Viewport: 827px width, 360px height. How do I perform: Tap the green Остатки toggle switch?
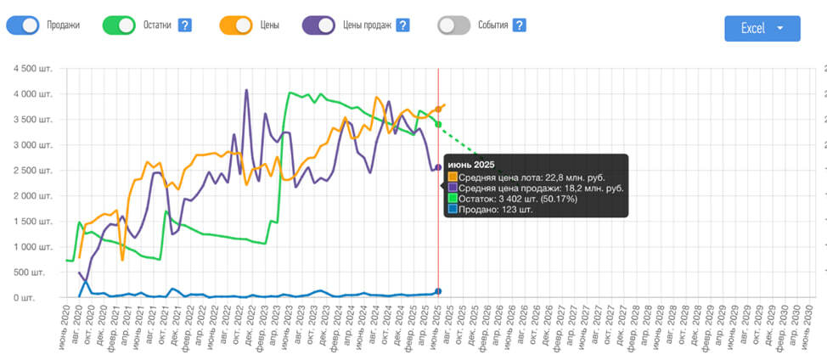[120, 25]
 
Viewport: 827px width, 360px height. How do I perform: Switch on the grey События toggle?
[454, 25]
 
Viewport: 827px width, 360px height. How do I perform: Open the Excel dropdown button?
[762, 28]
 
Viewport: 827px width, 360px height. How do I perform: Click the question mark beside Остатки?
[184, 25]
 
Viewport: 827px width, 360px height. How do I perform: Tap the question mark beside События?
[520, 25]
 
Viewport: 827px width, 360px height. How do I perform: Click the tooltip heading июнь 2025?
[471, 164]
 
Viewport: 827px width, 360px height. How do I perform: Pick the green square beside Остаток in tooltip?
[453, 200]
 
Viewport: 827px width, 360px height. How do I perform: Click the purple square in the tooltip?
[453, 188]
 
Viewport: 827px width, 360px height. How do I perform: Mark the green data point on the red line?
[438, 125]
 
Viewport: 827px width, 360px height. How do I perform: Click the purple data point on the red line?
[438, 168]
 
